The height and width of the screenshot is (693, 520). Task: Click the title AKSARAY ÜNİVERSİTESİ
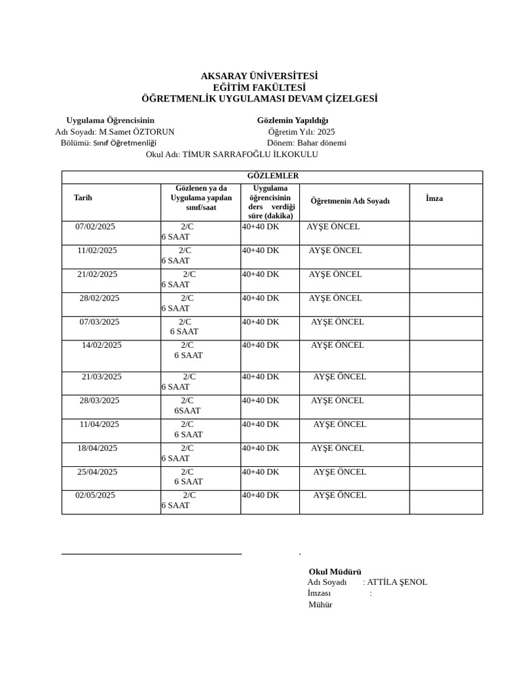pos(259,76)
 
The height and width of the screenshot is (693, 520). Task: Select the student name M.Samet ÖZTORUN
pos(136,132)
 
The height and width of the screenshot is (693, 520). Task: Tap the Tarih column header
pos(83,198)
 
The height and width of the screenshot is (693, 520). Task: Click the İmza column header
pos(434,198)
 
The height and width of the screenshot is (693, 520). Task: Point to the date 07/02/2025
pos(95,227)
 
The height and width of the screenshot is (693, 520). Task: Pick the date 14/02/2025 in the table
pos(102,345)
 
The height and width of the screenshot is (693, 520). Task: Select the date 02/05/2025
pos(95,495)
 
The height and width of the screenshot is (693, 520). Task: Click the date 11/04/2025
pos(99,424)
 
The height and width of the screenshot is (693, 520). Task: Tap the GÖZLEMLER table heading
pos(272,176)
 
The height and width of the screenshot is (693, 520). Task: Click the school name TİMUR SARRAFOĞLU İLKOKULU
pos(250,154)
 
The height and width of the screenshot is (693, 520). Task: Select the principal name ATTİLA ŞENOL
pos(397,582)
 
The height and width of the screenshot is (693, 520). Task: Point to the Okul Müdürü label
pos(334,572)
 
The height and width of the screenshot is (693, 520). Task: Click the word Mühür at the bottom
pos(320,605)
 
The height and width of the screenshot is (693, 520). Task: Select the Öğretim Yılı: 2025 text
pos(301,132)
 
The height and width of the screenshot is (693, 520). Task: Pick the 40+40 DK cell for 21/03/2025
pos(261,377)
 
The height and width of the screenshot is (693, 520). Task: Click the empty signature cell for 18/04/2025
pos(446,454)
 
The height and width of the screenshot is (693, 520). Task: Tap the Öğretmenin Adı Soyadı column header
pos(349,201)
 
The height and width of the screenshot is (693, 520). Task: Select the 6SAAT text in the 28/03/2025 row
pos(187,411)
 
